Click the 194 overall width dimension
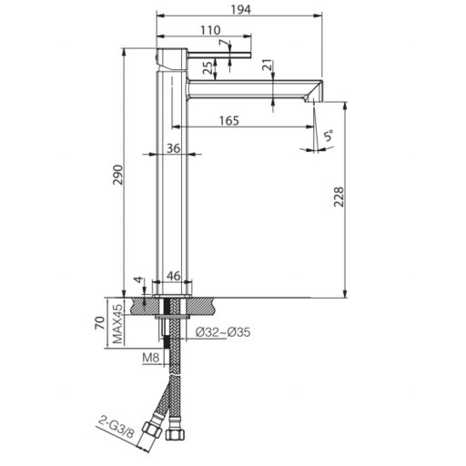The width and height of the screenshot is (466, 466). [x=241, y=10]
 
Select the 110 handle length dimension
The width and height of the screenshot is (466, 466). [x=210, y=30]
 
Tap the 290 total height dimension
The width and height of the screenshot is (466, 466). [x=117, y=175]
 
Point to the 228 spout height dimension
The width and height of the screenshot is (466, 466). [x=339, y=197]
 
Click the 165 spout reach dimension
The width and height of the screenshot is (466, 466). [x=229, y=120]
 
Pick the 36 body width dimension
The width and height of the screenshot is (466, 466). [x=174, y=148]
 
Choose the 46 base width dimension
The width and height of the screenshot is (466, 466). [x=174, y=276]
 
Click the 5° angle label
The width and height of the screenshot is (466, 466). [x=329, y=136]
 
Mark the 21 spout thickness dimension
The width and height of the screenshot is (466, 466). [x=268, y=66]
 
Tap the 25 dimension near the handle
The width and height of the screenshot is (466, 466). [x=208, y=68]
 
